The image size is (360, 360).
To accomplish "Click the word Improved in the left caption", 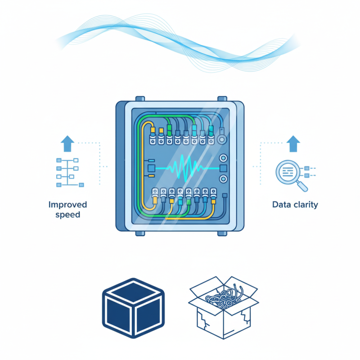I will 67,205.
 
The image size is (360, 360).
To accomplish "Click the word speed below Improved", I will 67,215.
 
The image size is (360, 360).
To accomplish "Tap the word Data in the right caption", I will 281,205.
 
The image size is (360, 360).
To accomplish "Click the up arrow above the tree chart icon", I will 67,144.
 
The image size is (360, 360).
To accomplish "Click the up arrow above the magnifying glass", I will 293,144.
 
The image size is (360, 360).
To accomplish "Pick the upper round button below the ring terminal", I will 222,158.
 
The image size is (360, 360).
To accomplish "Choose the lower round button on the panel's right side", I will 222,179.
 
